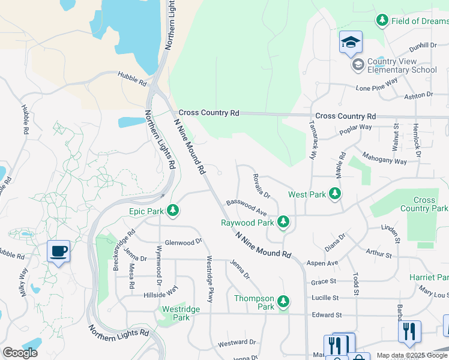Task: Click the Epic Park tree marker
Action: coord(173,210)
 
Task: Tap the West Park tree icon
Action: coord(335,194)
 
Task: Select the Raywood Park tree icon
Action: coord(283,222)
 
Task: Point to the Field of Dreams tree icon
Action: coord(382,20)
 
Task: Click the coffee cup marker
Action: coord(58,251)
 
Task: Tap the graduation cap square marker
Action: coord(351,43)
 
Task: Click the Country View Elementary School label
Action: coord(402,66)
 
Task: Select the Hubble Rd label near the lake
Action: coord(132,77)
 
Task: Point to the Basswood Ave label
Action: coord(246,208)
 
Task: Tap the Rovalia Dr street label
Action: coord(261,187)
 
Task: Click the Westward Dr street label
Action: coord(237,343)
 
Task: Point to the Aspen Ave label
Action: coord(322,263)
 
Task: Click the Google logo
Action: coord(20,352)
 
